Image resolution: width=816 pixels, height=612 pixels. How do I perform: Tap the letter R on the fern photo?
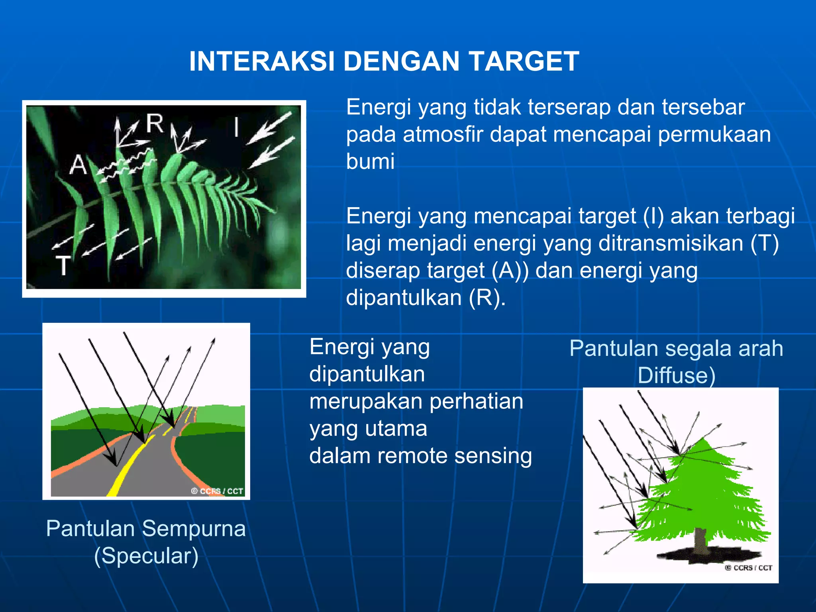155,123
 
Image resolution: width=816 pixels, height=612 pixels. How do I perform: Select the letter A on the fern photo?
78,165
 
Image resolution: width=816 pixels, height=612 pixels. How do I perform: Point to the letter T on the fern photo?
63,266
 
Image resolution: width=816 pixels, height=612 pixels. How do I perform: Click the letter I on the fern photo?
237,127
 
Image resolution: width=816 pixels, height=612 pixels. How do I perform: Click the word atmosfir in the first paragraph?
443,134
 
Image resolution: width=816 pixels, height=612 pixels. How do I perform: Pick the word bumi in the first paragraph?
370,161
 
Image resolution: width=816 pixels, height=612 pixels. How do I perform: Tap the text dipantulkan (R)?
426,298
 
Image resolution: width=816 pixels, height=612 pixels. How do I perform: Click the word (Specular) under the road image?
146,556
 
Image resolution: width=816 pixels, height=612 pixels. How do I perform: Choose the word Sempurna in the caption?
194,529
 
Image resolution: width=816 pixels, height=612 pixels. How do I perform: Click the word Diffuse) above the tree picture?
676,376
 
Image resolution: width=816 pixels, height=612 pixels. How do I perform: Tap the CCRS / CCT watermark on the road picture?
217,491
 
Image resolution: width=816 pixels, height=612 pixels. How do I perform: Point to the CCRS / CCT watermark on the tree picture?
748,568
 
